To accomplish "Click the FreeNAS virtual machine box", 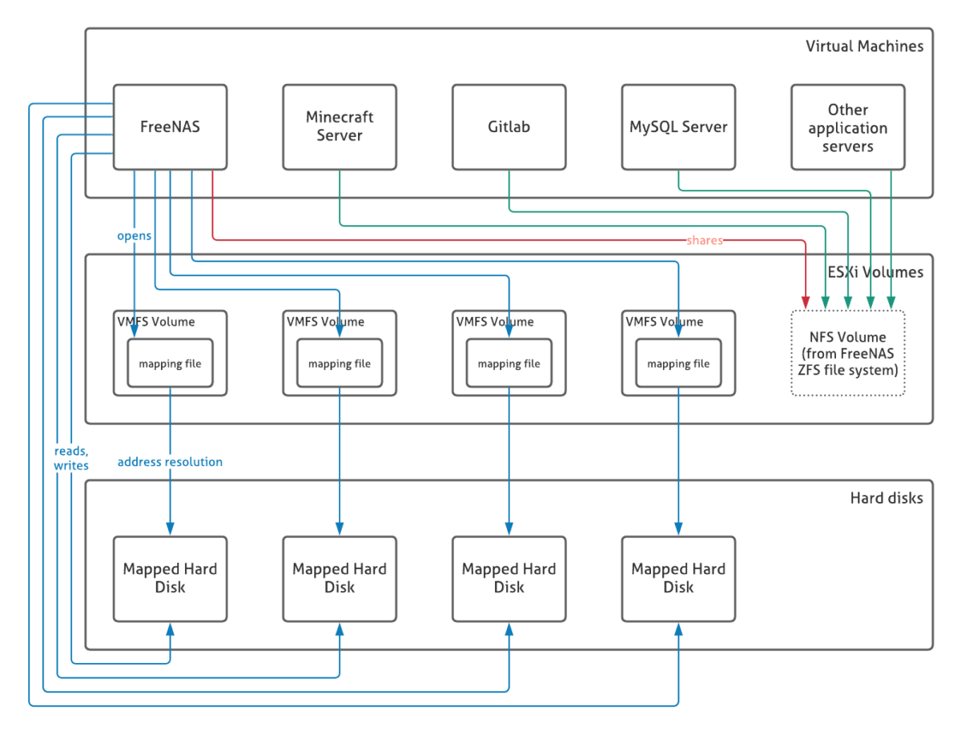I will tap(170, 127).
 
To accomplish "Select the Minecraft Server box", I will tap(340, 127).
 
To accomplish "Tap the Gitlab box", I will tap(509, 127).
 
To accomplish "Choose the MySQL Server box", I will tap(678, 127).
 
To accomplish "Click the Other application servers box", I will tap(847, 127).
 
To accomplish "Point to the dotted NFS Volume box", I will tap(847, 353).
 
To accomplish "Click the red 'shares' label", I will tap(705, 240).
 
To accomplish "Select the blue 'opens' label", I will tap(135, 236).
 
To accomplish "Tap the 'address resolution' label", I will tap(170, 462).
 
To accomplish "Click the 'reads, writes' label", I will tap(71, 458).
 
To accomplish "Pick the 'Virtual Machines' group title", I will tap(864, 46).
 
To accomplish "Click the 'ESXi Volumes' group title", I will tap(875, 272).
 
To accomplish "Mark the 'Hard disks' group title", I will tap(886, 498).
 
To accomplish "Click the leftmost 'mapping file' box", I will tap(170, 363).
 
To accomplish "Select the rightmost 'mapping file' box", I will tap(678, 363).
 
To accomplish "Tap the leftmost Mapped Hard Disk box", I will tap(170, 578).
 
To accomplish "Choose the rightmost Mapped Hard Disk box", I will tap(678, 578).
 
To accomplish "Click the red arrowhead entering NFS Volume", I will tap(805, 302).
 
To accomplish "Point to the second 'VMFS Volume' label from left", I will tap(325, 322).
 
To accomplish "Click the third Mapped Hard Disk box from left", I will tap(509, 578).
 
